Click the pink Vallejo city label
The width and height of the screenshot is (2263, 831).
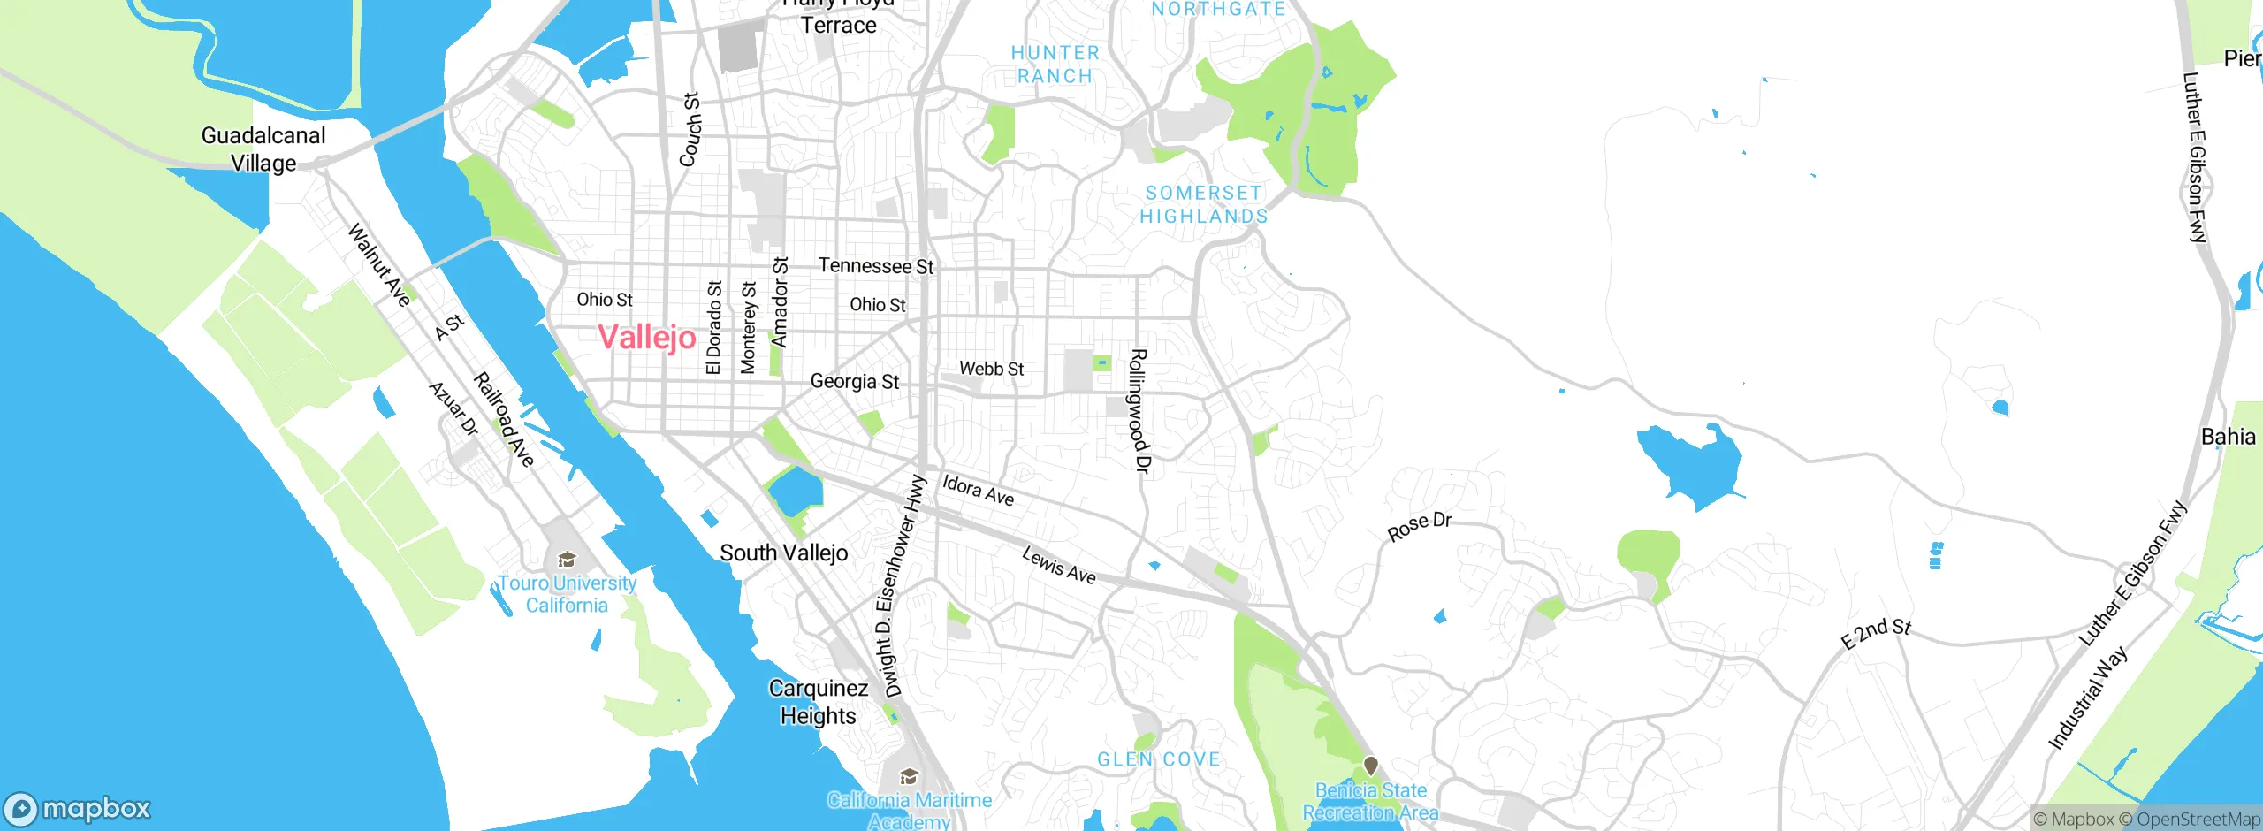pos(647,337)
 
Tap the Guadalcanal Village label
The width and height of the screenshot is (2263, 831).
pos(263,149)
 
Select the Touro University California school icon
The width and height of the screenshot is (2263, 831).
pos(567,559)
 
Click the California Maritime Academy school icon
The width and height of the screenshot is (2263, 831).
pos(908,777)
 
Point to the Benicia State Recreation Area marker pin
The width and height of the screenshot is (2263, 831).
pos(1370,766)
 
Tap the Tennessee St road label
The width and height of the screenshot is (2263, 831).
pos(875,265)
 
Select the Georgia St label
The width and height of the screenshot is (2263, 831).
pos(854,381)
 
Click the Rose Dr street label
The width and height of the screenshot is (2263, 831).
pos(1419,526)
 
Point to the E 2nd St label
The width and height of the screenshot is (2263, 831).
pos(1876,633)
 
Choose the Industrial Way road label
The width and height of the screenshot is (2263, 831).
pos(2087,698)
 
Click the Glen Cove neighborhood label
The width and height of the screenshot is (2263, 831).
pos(1158,759)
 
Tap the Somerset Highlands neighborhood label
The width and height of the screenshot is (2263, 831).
pos(1203,204)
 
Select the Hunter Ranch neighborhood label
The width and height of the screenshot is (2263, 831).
pos(1055,65)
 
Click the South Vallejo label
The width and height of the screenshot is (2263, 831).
pos(783,553)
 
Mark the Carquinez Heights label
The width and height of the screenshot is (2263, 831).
pos(819,701)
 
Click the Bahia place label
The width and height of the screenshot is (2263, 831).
pos(2228,437)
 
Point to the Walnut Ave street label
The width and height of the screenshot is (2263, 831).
pos(379,264)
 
